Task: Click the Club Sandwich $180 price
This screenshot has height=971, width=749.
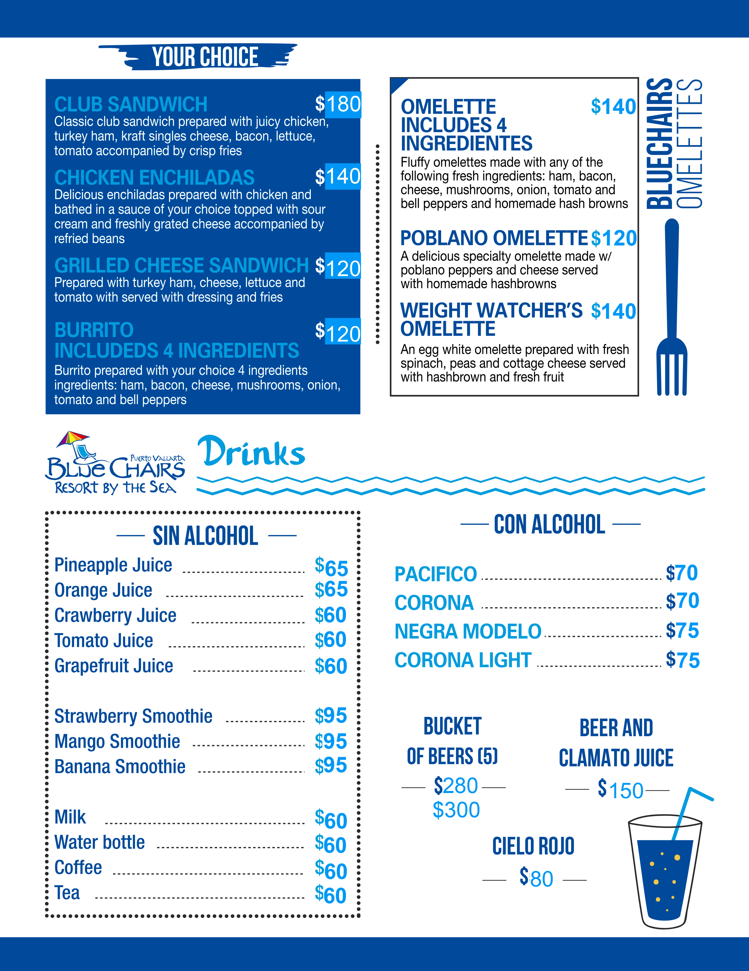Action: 338,104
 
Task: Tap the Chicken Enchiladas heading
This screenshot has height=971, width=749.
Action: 154,177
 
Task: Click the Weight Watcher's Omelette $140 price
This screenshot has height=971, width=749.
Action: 613,311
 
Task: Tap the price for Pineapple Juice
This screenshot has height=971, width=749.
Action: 331,567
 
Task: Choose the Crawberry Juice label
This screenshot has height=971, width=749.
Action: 115,615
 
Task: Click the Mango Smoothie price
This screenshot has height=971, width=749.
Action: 331,741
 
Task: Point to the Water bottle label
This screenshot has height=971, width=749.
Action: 99,842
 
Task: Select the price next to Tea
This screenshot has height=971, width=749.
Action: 331,895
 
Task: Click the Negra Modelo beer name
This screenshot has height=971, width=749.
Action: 468,631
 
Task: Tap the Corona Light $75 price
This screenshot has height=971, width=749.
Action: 682,660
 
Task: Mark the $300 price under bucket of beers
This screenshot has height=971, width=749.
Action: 456,810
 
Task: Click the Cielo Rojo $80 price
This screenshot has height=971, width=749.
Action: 537,878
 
